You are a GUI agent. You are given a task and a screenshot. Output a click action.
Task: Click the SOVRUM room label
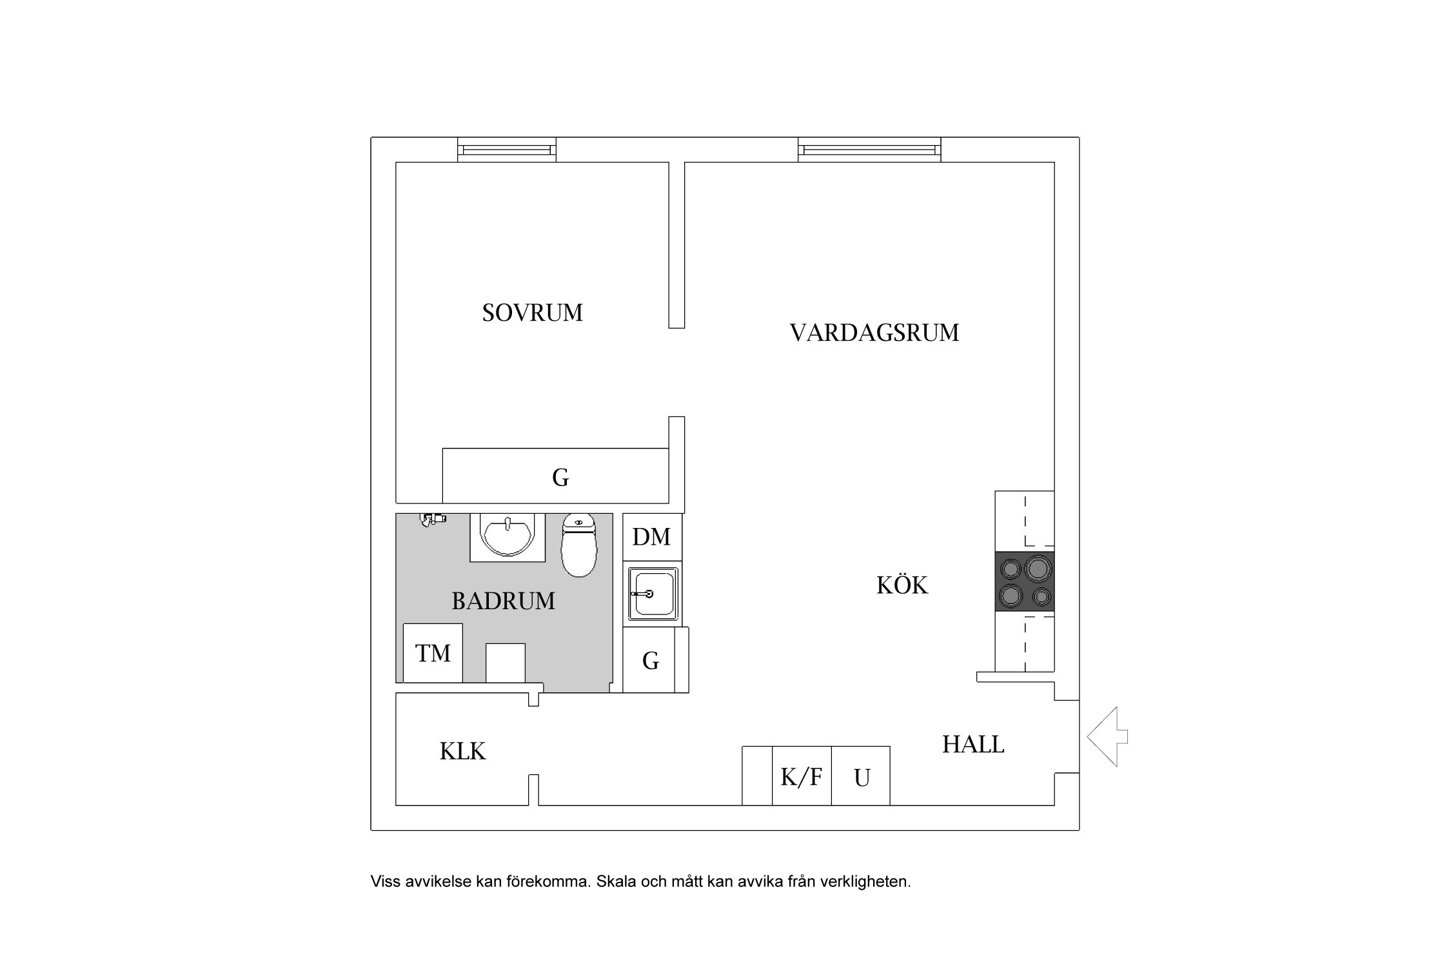(532, 313)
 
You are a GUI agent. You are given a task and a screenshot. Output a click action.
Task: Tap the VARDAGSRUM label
(874, 333)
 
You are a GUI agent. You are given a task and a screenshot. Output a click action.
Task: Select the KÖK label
(902, 585)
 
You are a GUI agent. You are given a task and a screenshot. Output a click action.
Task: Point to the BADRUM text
(503, 601)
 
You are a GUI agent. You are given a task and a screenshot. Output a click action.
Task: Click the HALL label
(973, 745)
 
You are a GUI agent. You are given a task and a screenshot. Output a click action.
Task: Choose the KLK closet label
(462, 752)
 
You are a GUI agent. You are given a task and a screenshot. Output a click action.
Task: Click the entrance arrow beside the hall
(1107, 736)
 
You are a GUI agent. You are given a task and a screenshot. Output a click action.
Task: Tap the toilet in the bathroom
(579, 545)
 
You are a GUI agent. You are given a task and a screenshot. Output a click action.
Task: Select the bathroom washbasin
(508, 537)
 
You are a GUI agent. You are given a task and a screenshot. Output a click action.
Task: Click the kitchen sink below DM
(653, 594)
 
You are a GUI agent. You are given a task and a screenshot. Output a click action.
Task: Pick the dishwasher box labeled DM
(652, 537)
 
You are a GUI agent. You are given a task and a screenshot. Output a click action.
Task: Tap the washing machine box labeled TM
(433, 653)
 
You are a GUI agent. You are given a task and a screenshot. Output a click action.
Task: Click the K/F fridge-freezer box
(802, 776)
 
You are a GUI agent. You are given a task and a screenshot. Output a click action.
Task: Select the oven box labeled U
(861, 776)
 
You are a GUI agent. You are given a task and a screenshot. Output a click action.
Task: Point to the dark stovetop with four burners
(1025, 581)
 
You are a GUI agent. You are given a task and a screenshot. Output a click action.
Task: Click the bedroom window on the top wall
(507, 150)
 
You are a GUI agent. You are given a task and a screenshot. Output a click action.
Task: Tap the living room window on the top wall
(869, 150)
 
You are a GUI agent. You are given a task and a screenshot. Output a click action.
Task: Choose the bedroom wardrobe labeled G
(555, 476)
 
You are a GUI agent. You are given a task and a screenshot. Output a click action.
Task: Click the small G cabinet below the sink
(650, 660)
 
